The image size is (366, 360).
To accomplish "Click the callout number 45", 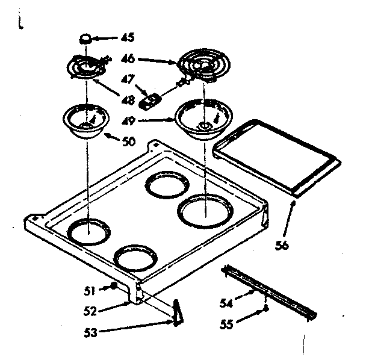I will point(127,37).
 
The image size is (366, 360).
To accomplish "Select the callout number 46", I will point(128,60).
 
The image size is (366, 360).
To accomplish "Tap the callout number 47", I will point(128,78).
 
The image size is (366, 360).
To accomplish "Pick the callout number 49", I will point(128,120).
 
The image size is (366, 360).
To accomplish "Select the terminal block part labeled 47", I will point(149,100).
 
